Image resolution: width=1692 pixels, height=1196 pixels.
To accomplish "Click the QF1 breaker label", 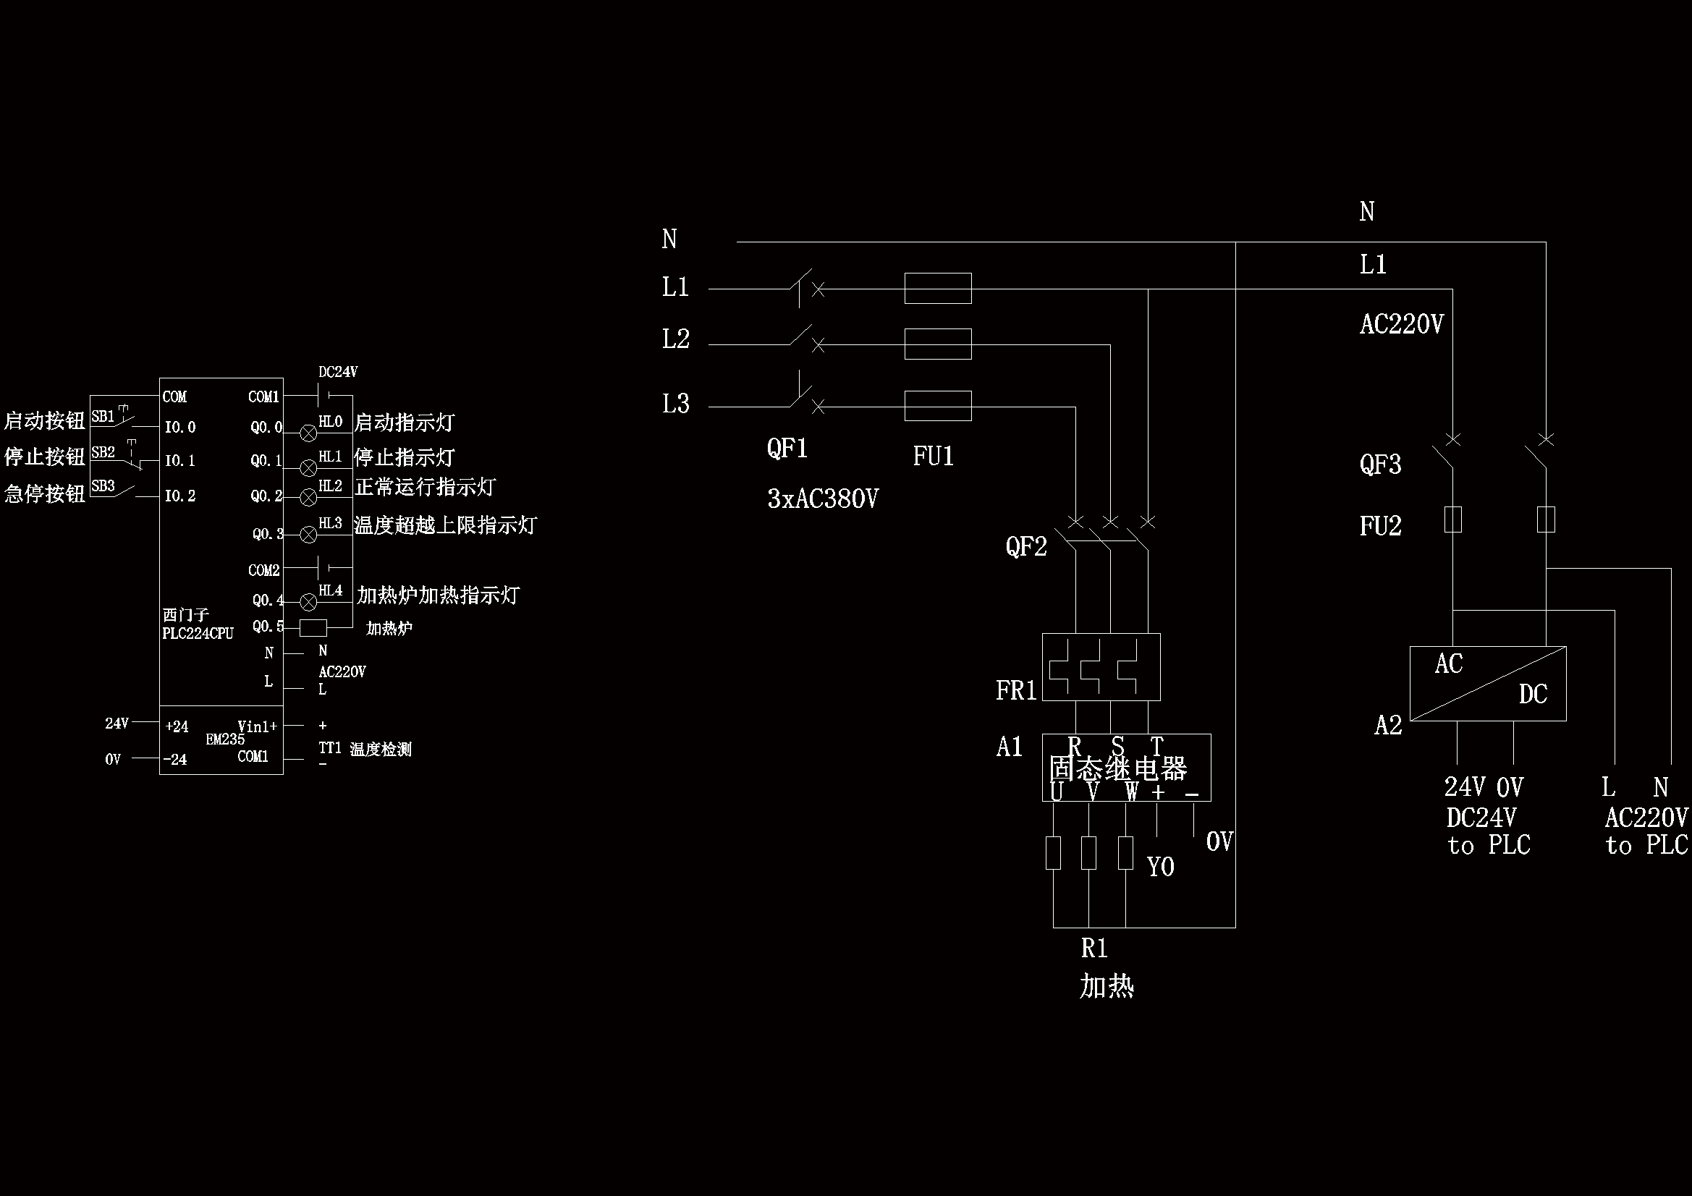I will [x=787, y=448].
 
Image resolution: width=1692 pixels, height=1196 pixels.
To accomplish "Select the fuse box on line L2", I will [x=937, y=344].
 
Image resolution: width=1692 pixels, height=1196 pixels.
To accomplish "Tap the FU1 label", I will [x=933, y=456].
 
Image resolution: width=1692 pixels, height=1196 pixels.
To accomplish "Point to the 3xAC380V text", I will [x=822, y=499].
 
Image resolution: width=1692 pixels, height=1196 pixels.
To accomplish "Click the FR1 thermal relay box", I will [x=1101, y=667].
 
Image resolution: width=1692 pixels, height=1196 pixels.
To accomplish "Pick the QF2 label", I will [x=1025, y=546].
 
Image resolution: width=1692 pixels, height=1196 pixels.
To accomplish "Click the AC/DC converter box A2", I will [x=1487, y=683].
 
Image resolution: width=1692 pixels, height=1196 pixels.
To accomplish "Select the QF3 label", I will [x=1380, y=465].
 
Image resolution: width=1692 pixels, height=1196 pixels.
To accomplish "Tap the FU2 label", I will [x=1380, y=526].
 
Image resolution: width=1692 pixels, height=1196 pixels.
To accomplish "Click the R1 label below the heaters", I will [x=1094, y=949].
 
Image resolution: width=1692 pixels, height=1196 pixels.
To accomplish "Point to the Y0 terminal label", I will [x=1161, y=867].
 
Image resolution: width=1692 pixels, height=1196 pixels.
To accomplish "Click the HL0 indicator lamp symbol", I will [x=309, y=433].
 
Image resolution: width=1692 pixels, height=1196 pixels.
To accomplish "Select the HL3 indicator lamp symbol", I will [x=309, y=534].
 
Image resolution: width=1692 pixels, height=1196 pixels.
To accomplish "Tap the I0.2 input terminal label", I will [x=179, y=496].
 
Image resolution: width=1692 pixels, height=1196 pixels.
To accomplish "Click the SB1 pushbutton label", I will [x=103, y=417].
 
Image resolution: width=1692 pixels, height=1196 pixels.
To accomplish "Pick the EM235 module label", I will [x=225, y=739].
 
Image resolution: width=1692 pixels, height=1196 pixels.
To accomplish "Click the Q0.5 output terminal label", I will [x=268, y=627].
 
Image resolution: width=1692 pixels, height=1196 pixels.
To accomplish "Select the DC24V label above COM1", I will [x=337, y=372].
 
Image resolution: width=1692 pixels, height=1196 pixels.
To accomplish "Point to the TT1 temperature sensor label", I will [x=329, y=748].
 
